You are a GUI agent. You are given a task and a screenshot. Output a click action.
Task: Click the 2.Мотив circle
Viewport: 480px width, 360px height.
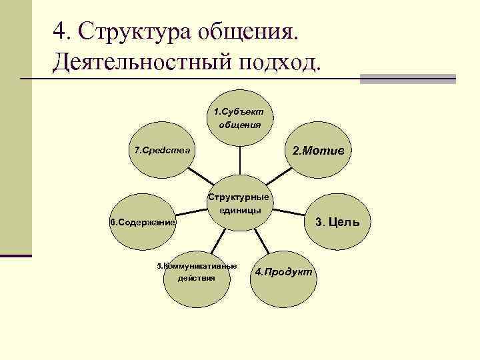[x=318, y=151]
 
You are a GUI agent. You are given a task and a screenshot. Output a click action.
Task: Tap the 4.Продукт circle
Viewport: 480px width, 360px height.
[x=283, y=273]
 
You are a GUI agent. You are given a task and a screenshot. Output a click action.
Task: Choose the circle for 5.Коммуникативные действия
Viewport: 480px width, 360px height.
[x=196, y=273]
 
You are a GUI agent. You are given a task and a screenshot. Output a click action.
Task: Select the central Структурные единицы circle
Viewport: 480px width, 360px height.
[x=239, y=204]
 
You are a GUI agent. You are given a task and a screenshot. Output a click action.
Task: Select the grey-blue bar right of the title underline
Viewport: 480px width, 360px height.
[x=407, y=79]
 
